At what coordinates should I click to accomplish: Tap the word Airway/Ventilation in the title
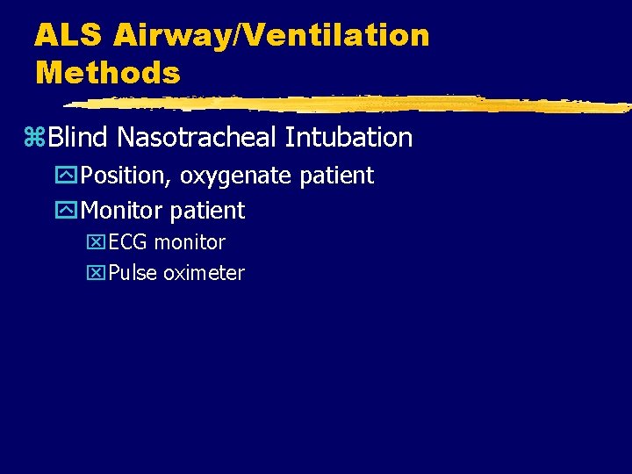point(271,35)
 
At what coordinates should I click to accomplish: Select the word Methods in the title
point(107,72)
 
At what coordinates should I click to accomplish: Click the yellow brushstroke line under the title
point(351,104)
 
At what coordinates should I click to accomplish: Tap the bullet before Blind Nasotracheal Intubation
point(36,138)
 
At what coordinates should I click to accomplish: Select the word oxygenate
point(237,176)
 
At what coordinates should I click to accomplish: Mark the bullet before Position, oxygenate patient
point(68,176)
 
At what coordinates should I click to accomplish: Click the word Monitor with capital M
point(122,211)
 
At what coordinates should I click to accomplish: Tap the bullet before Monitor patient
point(68,212)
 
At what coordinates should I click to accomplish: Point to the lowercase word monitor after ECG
point(190,242)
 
